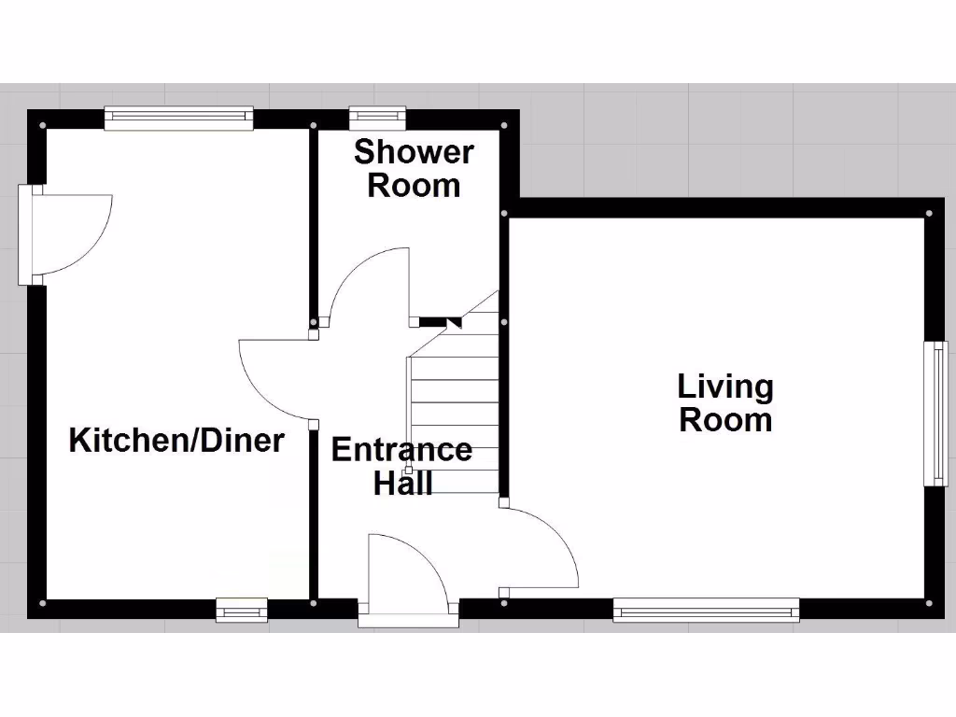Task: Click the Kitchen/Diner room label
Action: pyautogui.click(x=176, y=440)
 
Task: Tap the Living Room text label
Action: pyautogui.click(x=725, y=402)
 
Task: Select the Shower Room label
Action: pyautogui.click(x=414, y=168)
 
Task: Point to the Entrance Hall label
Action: pyautogui.click(x=402, y=465)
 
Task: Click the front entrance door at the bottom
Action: pyautogui.click(x=408, y=579)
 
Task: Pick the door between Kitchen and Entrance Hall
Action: pyautogui.click(x=277, y=378)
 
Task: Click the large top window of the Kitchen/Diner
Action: pyautogui.click(x=178, y=117)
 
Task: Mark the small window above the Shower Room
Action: pyautogui.click(x=378, y=117)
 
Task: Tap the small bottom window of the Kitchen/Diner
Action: pyautogui.click(x=242, y=611)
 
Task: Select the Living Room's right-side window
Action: pyautogui.click(x=935, y=413)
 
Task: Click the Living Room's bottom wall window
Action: pyautogui.click(x=706, y=611)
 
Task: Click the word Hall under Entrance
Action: pyautogui.click(x=402, y=483)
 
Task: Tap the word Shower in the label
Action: pyautogui.click(x=414, y=151)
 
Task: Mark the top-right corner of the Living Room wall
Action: pyautogui.click(x=929, y=213)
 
